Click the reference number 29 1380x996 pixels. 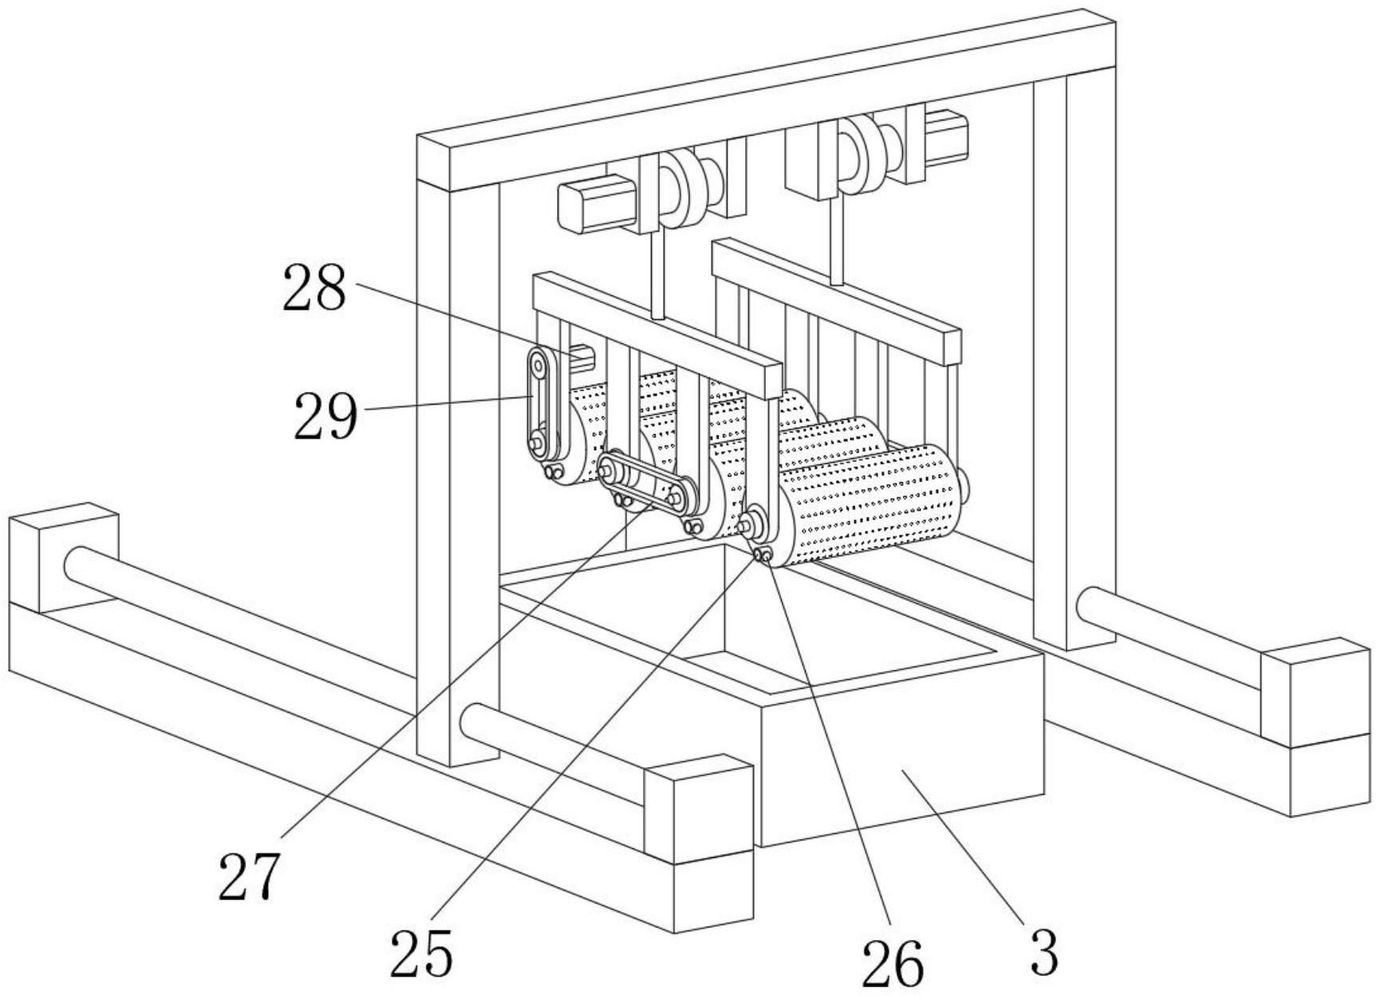(x=325, y=417)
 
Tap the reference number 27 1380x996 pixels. (x=250, y=875)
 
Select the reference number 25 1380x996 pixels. (x=421, y=953)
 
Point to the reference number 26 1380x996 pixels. (x=893, y=963)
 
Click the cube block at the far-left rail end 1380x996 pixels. (x=64, y=557)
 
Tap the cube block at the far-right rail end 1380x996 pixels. (x=1316, y=693)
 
